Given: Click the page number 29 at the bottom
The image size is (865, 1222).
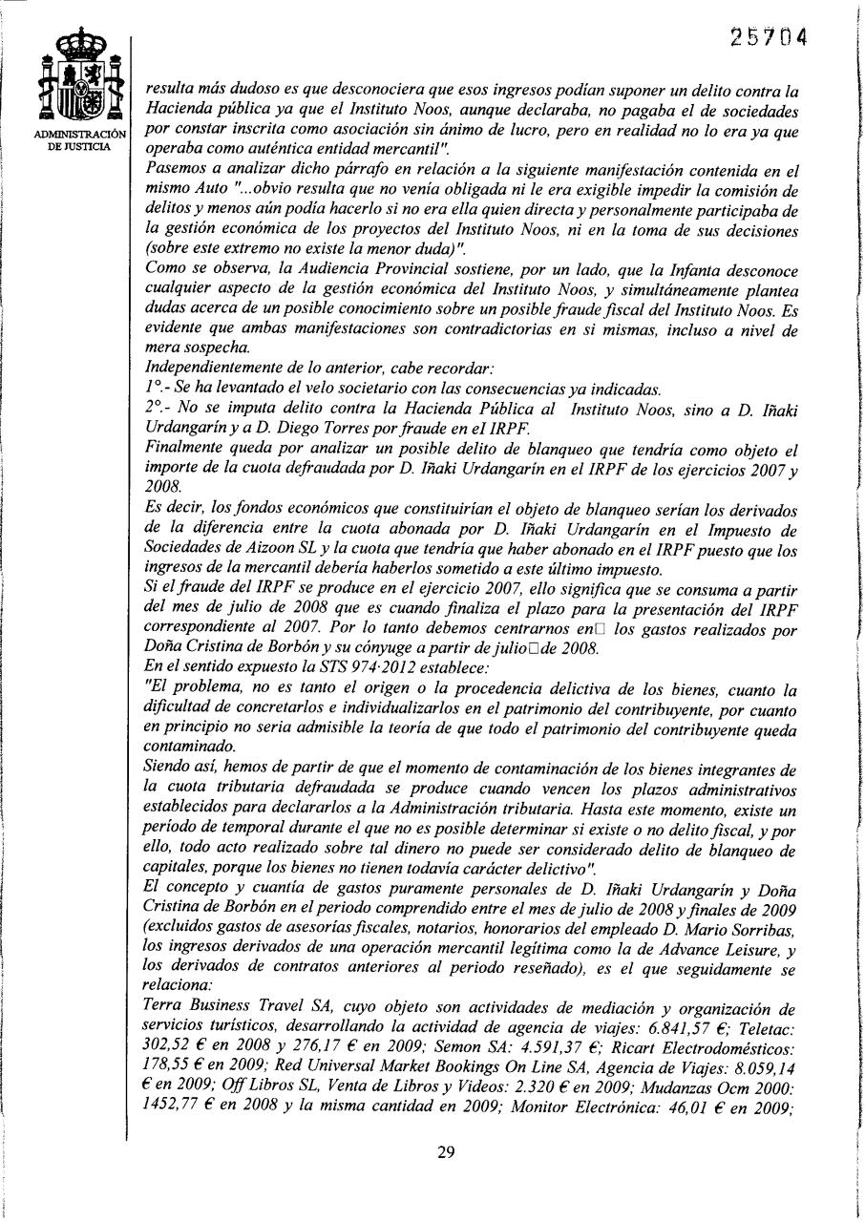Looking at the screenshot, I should pos(445,1151).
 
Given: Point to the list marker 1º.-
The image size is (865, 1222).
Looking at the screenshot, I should pos(158,390).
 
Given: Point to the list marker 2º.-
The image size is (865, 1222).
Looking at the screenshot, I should pos(158,409).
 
